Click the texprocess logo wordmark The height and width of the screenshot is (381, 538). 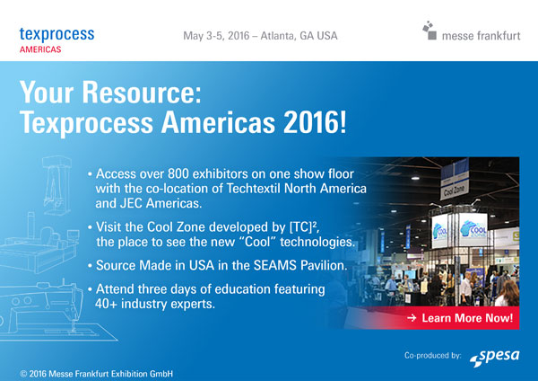[x=56, y=33]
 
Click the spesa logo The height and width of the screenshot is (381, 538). [x=499, y=357]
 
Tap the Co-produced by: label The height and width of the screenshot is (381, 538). [x=433, y=358]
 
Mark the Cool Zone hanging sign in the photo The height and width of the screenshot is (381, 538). [x=453, y=190]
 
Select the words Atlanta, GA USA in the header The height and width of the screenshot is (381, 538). [x=301, y=36]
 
